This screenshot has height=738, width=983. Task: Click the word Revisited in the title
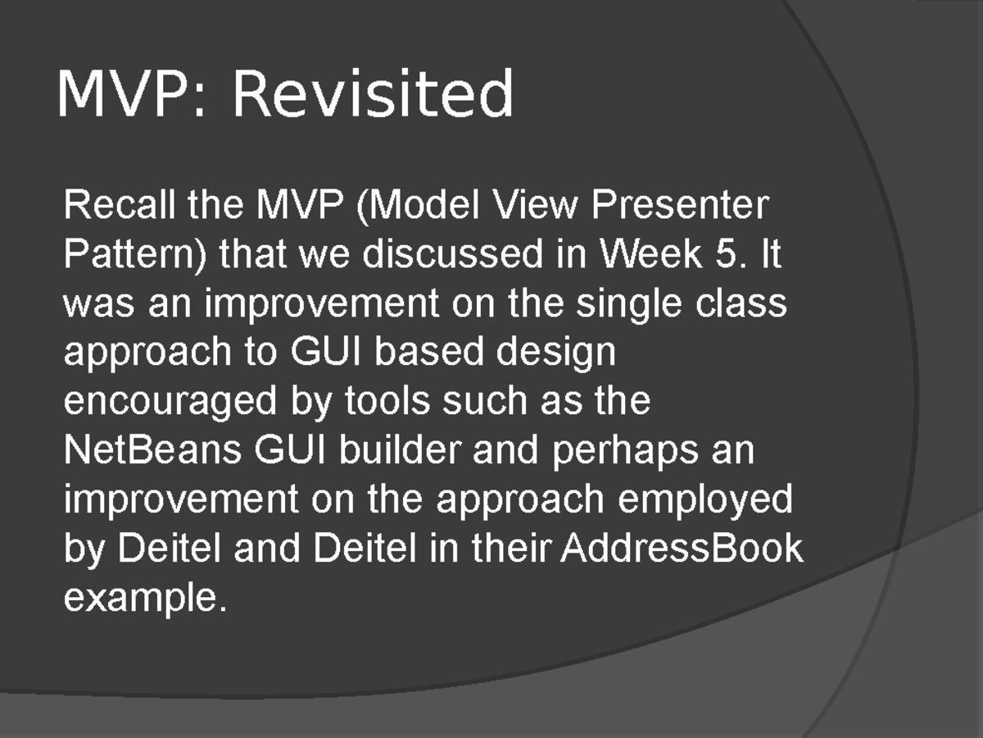coord(373,94)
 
